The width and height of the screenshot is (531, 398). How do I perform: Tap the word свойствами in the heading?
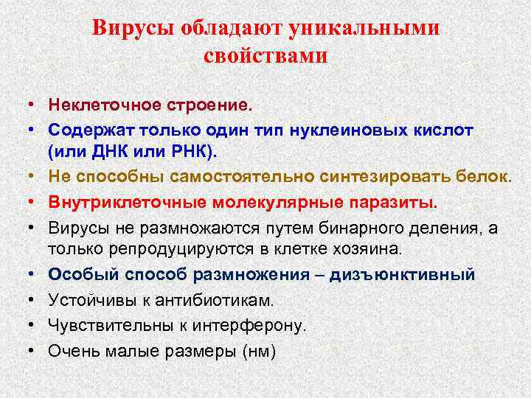265,55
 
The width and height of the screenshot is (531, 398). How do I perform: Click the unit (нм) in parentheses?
258,351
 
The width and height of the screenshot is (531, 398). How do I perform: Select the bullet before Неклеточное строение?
35,105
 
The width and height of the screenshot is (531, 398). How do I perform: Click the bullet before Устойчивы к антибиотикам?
35,300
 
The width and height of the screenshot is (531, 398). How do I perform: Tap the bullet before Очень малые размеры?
35,351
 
